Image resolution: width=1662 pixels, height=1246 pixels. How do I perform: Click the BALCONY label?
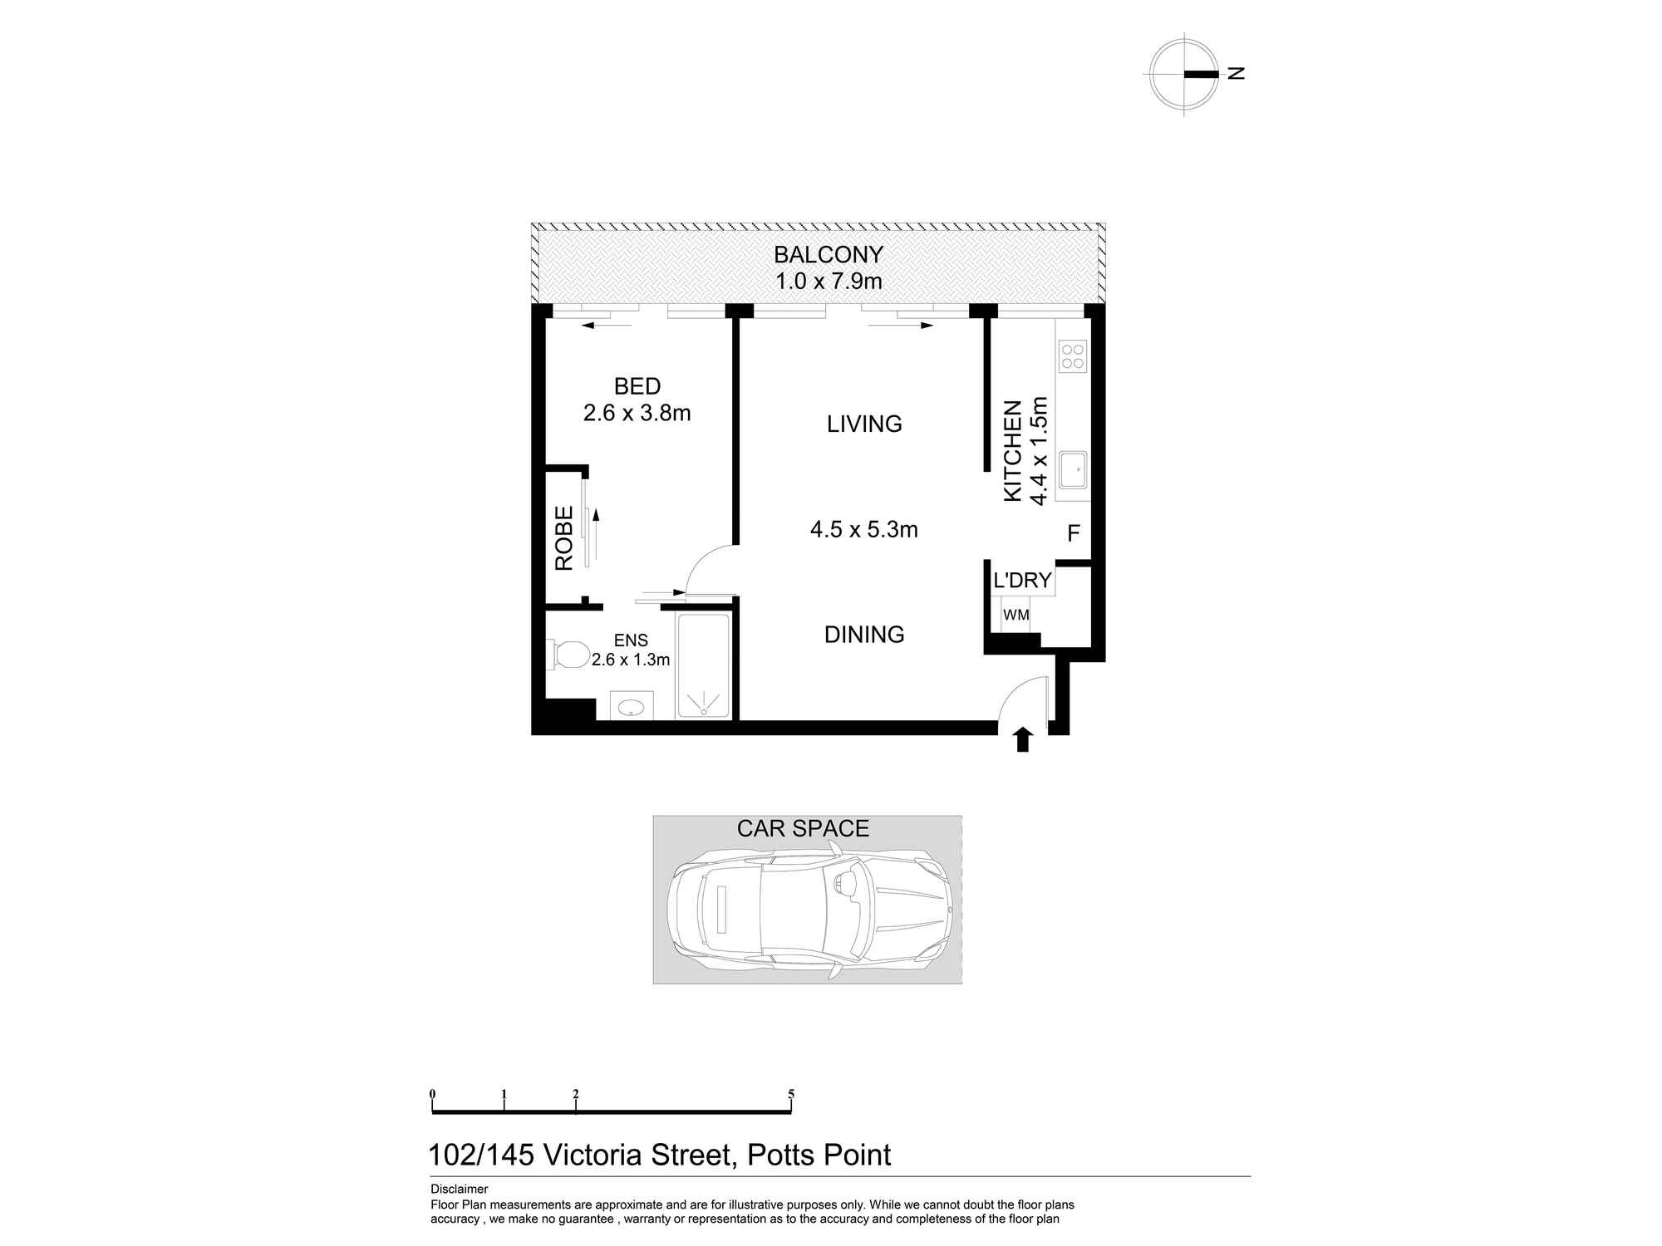click(828, 254)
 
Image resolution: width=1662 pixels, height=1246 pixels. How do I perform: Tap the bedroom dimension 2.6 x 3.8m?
click(637, 413)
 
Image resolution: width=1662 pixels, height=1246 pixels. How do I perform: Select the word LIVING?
click(863, 424)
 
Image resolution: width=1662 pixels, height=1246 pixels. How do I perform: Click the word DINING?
click(863, 635)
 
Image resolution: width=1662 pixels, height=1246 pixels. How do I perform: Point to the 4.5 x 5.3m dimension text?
click(863, 530)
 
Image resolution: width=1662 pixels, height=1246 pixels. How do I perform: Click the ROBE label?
click(564, 538)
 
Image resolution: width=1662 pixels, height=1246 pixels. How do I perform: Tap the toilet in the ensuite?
click(567, 654)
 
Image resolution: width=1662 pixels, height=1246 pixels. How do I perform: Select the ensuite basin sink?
click(632, 707)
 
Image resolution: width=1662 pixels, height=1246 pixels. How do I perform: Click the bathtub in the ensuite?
click(703, 665)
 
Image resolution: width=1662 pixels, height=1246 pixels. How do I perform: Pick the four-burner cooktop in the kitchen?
click(1072, 356)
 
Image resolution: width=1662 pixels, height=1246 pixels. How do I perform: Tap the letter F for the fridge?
click(1073, 533)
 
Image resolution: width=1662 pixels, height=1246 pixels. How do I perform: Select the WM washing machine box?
click(1015, 616)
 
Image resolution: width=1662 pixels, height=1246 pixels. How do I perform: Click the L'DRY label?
click(1022, 580)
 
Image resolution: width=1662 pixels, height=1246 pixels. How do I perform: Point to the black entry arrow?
click(1023, 739)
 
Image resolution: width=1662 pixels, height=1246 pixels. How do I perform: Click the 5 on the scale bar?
click(791, 1094)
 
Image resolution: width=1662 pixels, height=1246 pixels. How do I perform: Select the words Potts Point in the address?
click(819, 1155)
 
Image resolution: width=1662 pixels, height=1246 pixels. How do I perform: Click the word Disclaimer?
click(459, 1190)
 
